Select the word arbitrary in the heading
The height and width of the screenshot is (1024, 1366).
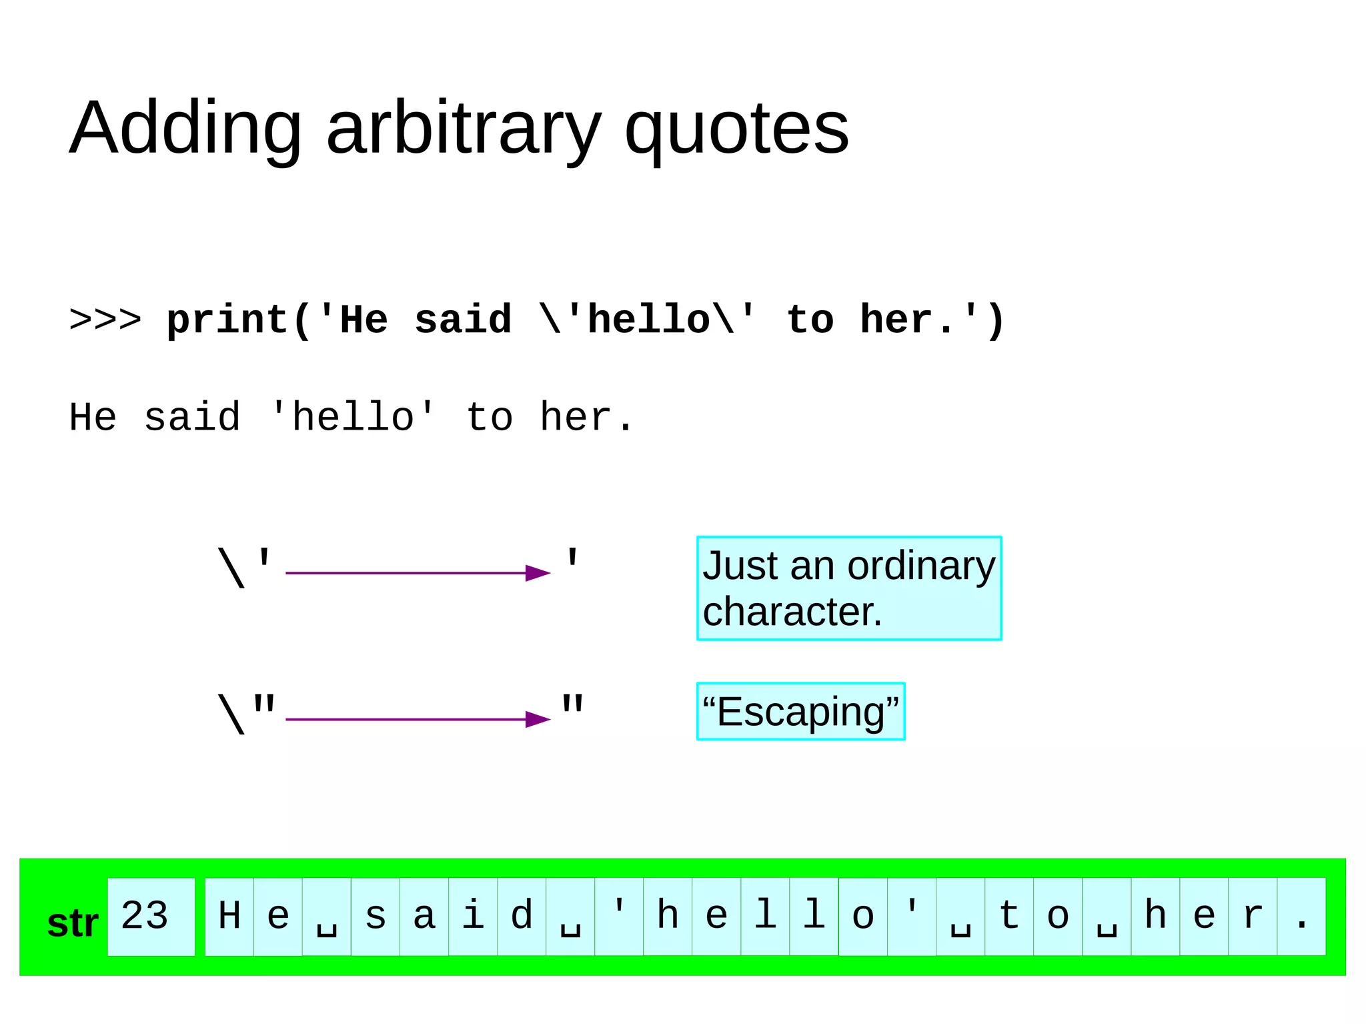[463, 130]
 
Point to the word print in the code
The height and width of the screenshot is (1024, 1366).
[227, 320]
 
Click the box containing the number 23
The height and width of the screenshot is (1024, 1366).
[151, 916]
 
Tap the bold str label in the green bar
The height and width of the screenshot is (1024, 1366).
[73, 924]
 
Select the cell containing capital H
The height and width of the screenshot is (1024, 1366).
[229, 916]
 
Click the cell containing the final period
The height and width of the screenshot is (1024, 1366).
[1301, 916]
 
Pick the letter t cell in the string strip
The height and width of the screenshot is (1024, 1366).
[1009, 916]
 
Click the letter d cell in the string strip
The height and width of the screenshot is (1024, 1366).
[522, 916]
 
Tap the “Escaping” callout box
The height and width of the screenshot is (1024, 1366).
[800, 711]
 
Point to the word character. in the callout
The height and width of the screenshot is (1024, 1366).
[792, 612]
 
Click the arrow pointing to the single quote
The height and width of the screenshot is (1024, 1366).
[418, 572]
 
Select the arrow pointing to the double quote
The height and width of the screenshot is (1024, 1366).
[418, 719]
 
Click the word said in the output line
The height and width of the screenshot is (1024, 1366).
[192, 418]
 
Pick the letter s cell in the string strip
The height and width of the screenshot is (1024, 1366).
[376, 916]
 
